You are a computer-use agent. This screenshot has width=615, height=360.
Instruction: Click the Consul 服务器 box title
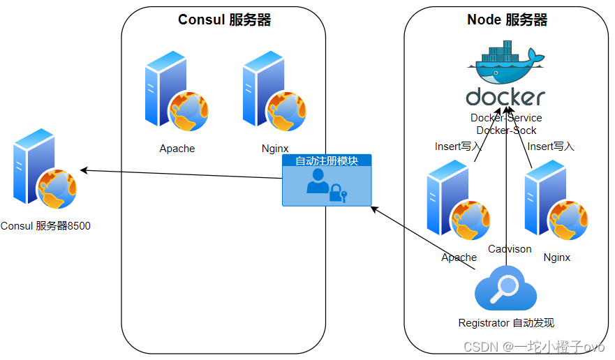pyautogui.click(x=224, y=20)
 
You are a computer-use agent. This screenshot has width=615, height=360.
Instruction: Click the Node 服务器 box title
pyautogui.click(x=507, y=20)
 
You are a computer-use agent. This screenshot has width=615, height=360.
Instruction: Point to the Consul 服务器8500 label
pyautogui.click(x=45, y=226)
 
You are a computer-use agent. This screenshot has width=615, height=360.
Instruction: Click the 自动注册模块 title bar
pyautogui.click(x=327, y=161)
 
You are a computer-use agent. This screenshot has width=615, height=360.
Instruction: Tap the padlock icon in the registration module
pyautogui.click(x=338, y=193)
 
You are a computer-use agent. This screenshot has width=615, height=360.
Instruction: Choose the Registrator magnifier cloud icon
pyautogui.click(x=506, y=290)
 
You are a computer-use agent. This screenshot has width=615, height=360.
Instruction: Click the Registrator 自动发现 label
pyautogui.click(x=506, y=323)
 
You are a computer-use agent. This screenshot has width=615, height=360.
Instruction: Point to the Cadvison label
pyautogui.click(x=510, y=249)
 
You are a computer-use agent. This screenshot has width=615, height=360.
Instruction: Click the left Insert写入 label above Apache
pyautogui.click(x=458, y=147)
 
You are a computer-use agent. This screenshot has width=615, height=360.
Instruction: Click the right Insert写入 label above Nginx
pyautogui.click(x=551, y=147)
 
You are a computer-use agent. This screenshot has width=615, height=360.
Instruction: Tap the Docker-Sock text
pyautogui.click(x=506, y=130)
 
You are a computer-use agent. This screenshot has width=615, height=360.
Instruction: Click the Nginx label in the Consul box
pyautogui.click(x=275, y=149)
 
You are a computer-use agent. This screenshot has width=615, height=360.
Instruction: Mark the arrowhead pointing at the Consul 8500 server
pyautogui.click(x=83, y=170)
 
